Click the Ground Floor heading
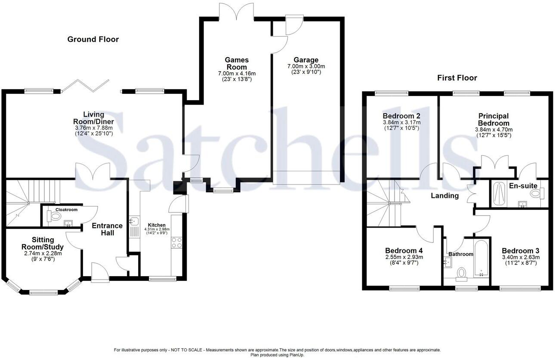coord(93,39)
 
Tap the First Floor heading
coord(457,78)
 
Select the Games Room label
coord(237,63)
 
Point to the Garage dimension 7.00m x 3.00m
coord(306,67)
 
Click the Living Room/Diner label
coord(93,118)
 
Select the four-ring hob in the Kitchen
coord(176,242)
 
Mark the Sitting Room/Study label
coord(43,243)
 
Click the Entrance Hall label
coord(108,229)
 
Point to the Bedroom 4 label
coord(404,250)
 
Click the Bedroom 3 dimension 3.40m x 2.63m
coord(521,257)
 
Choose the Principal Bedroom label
coord(493,120)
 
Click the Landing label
coord(445,196)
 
